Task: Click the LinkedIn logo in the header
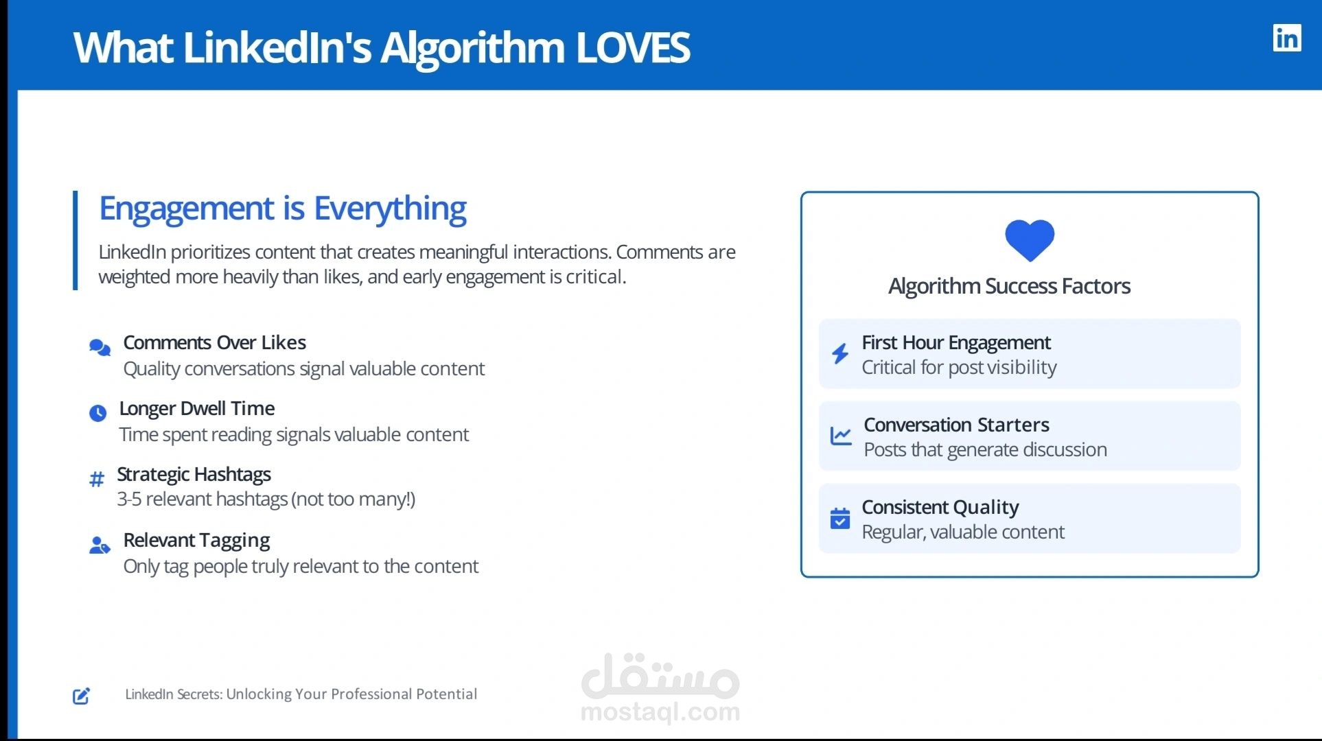point(1287,38)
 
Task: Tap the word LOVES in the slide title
point(633,47)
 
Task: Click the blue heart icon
point(1030,240)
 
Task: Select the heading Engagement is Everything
point(283,208)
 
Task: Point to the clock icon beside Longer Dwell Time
point(98,413)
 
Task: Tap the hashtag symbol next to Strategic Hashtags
point(97,479)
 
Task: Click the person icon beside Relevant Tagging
point(100,545)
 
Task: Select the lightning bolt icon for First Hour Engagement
point(840,353)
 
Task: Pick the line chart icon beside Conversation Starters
point(841,436)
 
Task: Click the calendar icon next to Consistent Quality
point(840,519)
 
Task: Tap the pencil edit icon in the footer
point(82,696)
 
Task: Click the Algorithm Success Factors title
point(1009,286)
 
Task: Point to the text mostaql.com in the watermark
point(660,712)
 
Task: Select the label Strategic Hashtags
point(194,474)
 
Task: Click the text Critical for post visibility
point(959,368)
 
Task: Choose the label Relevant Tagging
point(196,541)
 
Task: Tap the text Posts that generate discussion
point(985,450)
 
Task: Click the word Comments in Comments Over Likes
point(167,342)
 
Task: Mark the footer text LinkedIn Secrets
point(174,694)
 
